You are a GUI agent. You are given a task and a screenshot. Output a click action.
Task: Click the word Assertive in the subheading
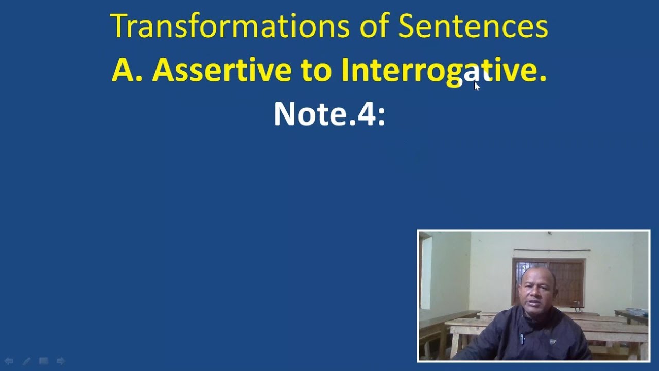pos(221,70)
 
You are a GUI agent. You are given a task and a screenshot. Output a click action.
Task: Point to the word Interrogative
pos(443,71)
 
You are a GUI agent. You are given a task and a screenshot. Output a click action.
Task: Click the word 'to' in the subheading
pos(316,71)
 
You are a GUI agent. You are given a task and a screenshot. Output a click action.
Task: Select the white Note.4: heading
pos(329,114)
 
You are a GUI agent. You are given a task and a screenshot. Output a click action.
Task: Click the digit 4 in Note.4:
pos(367,114)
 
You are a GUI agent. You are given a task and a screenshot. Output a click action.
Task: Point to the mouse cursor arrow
pos(477,86)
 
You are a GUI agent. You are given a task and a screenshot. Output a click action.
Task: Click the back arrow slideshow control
pos(9,361)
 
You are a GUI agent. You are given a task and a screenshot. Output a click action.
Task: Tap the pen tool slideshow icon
pos(26,361)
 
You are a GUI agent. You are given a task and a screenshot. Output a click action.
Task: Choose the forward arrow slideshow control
pos(61,361)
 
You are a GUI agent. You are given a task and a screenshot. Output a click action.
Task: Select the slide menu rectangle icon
pos(44,361)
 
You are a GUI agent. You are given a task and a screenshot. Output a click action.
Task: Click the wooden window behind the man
pos(549,281)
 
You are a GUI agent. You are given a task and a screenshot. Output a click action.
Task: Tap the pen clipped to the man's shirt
pos(522,339)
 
